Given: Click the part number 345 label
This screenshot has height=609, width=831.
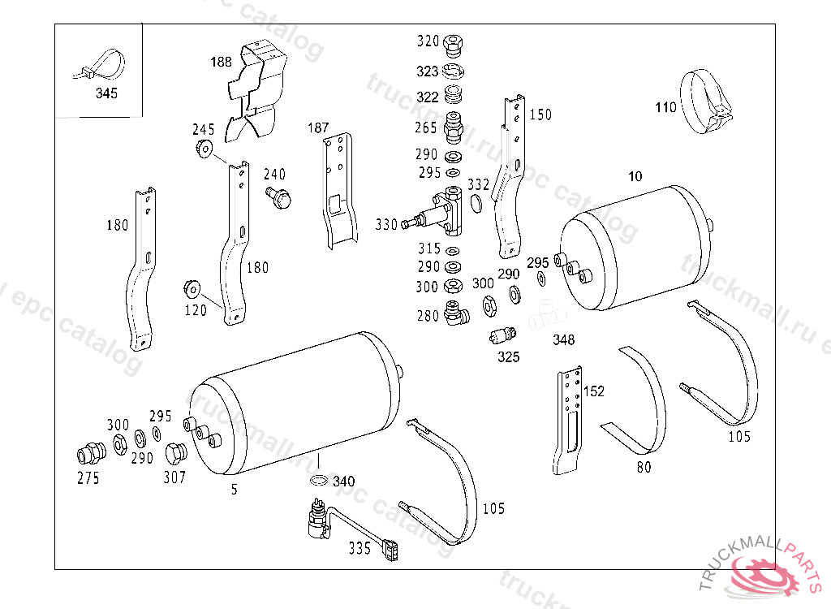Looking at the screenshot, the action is point(106,93).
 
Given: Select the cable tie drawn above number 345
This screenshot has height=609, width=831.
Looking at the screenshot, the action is point(100,65).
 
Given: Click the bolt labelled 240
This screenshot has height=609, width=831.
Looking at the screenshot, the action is point(278,197).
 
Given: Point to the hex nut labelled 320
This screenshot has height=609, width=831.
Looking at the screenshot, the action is point(453,45).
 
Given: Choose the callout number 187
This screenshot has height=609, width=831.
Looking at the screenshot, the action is point(318,127).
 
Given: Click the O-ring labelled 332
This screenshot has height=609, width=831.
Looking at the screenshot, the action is point(476,203).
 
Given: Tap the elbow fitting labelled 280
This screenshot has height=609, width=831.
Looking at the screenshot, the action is point(455,313).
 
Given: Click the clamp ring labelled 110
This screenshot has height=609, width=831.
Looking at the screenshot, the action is point(706,101).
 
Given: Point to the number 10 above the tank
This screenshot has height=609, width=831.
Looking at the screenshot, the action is point(635,176).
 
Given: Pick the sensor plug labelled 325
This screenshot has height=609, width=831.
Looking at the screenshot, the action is point(502,335).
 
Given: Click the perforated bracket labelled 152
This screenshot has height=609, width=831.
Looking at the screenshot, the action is point(567,420).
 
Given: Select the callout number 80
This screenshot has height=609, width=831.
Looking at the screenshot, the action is point(644,467).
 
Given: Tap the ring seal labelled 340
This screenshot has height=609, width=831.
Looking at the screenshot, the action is point(318,481).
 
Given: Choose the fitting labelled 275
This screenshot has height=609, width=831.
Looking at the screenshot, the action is point(91,453).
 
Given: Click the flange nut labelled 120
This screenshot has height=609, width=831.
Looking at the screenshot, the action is point(192,290).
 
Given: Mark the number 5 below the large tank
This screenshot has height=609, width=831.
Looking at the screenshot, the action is point(235,489).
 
